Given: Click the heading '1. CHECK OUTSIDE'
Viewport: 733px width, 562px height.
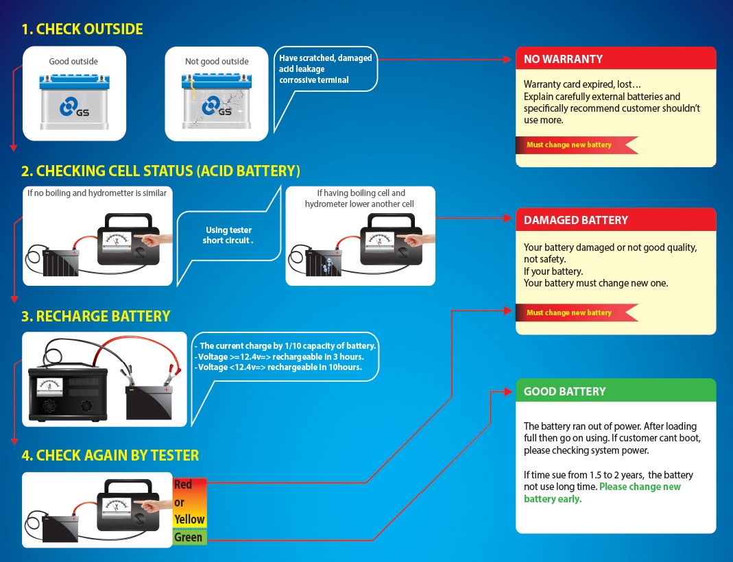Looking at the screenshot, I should click(x=82, y=29).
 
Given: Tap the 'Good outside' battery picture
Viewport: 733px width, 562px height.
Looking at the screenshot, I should click(x=73, y=101).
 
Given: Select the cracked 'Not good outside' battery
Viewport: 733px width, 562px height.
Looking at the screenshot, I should click(x=216, y=102).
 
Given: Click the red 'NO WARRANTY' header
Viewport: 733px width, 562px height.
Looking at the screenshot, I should click(x=615, y=59).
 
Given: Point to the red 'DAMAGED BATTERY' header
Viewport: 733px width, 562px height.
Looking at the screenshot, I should click(x=615, y=220).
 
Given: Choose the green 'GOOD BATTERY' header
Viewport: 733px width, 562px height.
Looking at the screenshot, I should click(x=615, y=391).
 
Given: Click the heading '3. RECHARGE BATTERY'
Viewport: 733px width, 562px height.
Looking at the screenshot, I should click(x=95, y=316).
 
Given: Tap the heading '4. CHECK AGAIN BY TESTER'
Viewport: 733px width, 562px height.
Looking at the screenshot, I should click(x=110, y=455).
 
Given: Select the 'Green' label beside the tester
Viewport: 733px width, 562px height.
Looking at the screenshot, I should click(x=189, y=537).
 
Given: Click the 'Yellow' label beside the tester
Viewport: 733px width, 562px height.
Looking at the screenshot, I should click(x=189, y=520).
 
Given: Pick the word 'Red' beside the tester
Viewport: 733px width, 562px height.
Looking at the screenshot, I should click(x=183, y=485).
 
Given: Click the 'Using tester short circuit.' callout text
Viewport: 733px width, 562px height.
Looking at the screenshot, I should click(x=228, y=235).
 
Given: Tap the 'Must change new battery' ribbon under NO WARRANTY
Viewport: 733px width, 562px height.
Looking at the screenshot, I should click(x=573, y=145).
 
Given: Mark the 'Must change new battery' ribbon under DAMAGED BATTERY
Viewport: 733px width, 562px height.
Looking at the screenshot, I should click(x=573, y=313).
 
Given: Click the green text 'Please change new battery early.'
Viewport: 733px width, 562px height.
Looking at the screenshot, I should click(x=601, y=493).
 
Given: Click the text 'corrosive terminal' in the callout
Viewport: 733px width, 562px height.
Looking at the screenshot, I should click(x=313, y=80).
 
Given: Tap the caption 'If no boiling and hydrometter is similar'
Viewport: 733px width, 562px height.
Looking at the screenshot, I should click(x=97, y=193).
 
